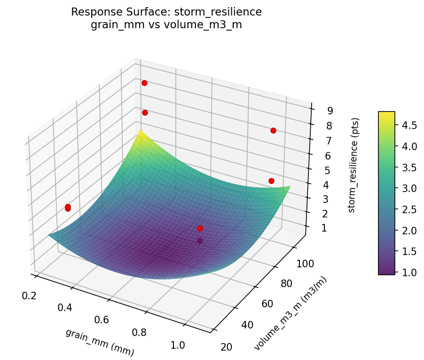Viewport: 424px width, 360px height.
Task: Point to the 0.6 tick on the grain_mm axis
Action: pyautogui.click(x=102, y=320)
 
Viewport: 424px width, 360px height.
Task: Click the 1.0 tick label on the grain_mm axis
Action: pyautogui.click(x=177, y=345)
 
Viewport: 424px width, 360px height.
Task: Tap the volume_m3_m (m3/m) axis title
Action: pyautogui.click(x=291, y=313)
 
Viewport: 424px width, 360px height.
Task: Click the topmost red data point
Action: pyautogui.click(x=144, y=83)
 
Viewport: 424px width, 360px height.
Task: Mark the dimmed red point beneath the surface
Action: pyautogui.click(x=200, y=241)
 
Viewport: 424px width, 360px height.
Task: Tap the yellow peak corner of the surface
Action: pyautogui.click(x=138, y=134)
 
